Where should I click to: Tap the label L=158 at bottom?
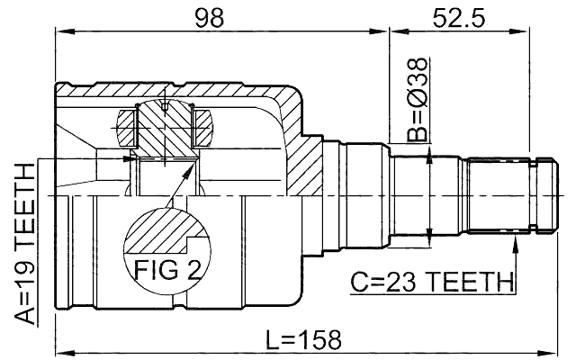305,339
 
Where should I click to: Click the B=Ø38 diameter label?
417,99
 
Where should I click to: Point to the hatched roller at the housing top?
166,126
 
